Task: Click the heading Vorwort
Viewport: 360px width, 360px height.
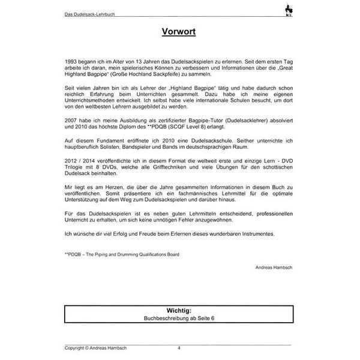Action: coord(179,31)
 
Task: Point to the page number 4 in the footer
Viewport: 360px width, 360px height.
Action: coord(179,348)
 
